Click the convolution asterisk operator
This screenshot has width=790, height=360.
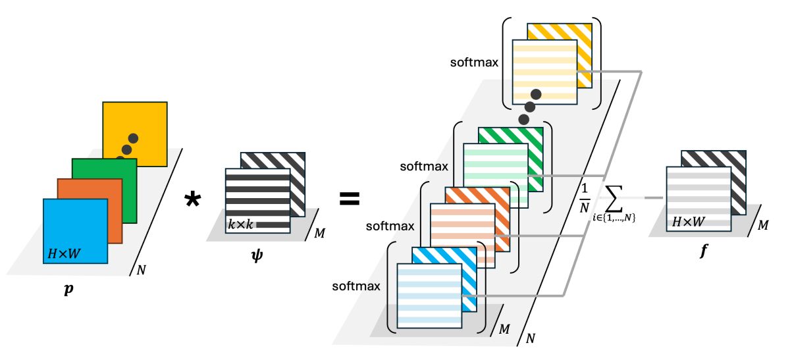(192, 200)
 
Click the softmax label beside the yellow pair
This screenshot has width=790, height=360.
(474, 63)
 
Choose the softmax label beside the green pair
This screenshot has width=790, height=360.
(424, 167)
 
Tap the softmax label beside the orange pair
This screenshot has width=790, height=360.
(390, 226)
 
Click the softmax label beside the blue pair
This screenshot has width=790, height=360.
(356, 286)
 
